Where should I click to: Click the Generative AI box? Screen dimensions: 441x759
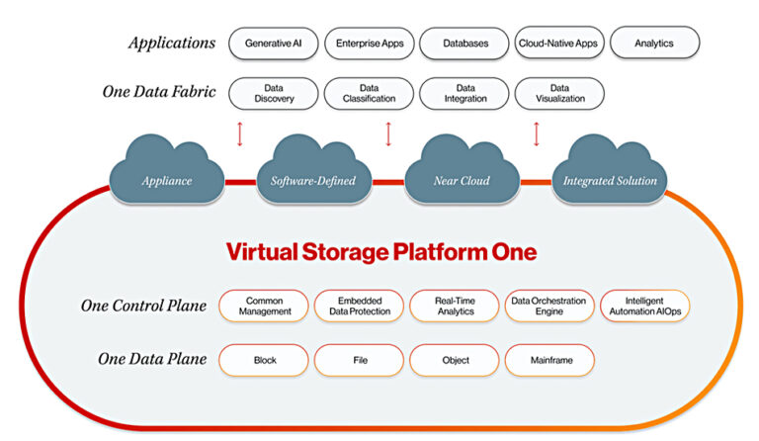pos(273,43)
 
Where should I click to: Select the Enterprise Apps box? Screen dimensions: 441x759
pos(369,43)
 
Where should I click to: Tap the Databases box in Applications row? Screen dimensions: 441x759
pos(464,43)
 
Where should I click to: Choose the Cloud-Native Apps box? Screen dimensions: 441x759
pos(559,43)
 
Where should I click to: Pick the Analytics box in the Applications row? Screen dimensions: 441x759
pos(654,43)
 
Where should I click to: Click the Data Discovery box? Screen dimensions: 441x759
pos(273,93)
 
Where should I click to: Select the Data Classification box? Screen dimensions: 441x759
pos(369,93)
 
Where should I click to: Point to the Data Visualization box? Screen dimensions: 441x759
pos(559,93)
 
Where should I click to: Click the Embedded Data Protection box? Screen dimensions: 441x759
pos(359,306)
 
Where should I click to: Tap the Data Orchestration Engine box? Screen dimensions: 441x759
pos(549,306)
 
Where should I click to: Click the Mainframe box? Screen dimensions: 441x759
pos(549,360)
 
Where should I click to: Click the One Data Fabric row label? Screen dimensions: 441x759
pos(159,92)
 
